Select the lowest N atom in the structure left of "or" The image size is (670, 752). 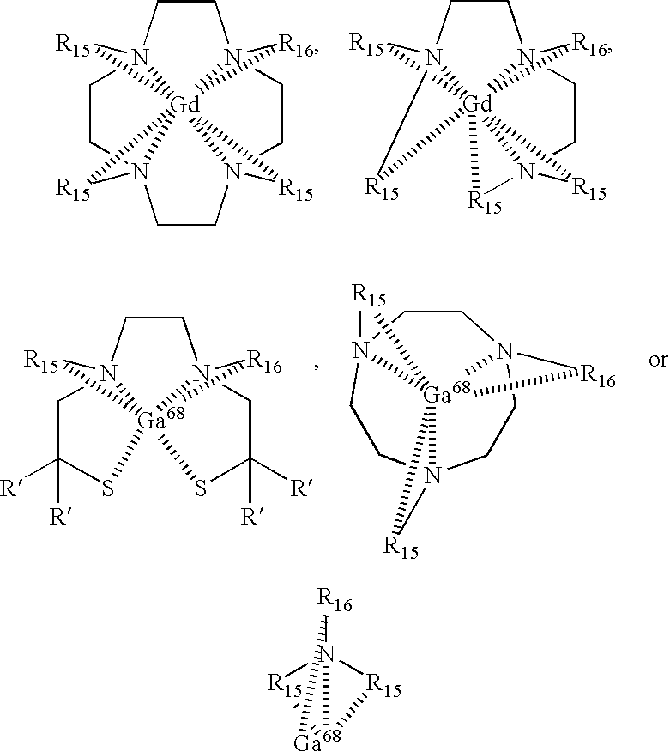(435, 475)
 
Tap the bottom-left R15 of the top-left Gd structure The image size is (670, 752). (72, 188)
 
